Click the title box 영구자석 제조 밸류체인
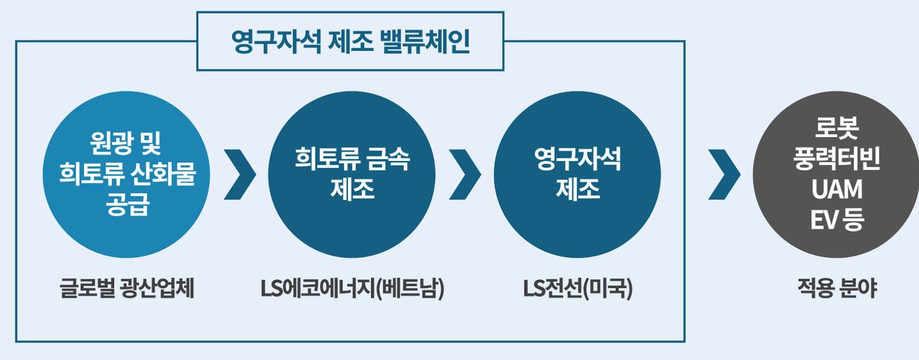(x=350, y=41)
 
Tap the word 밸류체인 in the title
(x=425, y=41)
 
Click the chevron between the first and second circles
(x=240, y=174)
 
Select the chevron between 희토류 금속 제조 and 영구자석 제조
(x=465, y=174)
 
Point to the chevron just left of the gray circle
(x=724, y=174)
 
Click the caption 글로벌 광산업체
(x=127, y=289)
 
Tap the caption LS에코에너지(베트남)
(x=352, y=289)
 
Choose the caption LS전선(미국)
(x=578, y=289)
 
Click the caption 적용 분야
(x=837, y=289)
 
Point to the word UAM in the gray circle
(x=837, y=190)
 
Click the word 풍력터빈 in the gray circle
(x=837, y=159)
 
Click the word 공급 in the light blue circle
(x=127, y=205)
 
